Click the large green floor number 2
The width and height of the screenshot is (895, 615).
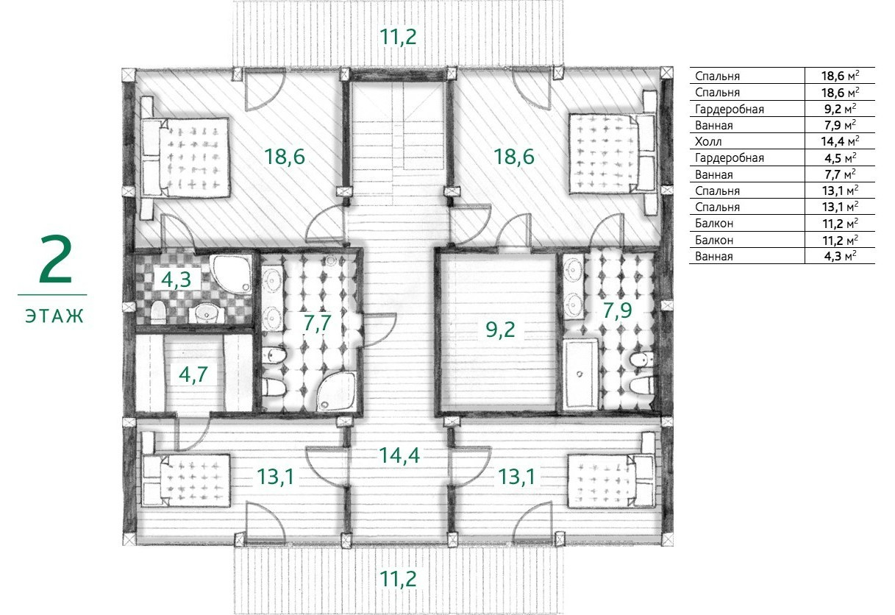[x=56, y=260]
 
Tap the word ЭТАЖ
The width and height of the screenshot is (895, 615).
[x=54, y=316]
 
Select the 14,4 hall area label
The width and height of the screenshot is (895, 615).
[x=399, y=455]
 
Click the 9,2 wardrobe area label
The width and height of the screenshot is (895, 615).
[x=500, y=330]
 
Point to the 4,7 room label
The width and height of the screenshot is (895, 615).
[x=193, y=374]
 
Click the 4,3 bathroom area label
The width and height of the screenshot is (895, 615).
[x=176, y=280]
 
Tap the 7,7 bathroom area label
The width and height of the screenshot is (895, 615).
[x=317, y=323]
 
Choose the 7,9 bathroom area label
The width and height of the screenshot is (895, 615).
[x=617, y=310]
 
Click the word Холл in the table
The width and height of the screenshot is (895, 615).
[x=708, y=141]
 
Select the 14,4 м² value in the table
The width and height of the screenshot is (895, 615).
[x=840, y=141]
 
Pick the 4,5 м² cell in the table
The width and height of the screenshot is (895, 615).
[x=841, y=158]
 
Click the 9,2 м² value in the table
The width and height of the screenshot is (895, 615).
[x=841, y=109]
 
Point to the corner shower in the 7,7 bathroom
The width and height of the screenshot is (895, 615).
[x=336, y=391]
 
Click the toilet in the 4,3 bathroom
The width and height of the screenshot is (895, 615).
[x=158, y=313]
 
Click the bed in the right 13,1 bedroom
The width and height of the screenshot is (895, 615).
[x=611, y=481]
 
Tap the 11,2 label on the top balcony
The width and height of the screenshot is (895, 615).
[x=398, y=37]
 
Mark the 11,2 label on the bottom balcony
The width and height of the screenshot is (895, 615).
[x=398, y=579]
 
